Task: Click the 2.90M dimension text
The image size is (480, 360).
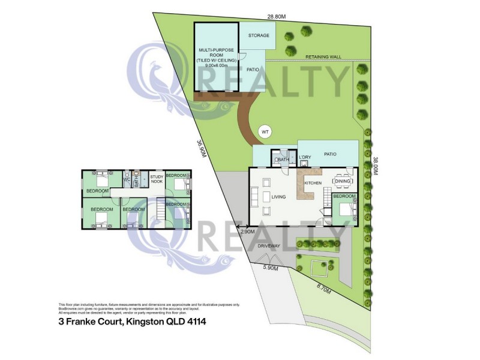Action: (x=248, y=231)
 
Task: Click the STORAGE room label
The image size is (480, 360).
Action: (x=259, y=36)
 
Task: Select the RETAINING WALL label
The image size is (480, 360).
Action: (x=323, y=56)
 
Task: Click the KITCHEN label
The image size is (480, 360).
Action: (x=313, y=183)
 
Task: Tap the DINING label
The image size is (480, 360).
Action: (x=343, y=181)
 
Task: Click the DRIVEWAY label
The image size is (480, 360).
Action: (x=268, y=247)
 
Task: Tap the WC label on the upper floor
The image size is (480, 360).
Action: (x=127, y=179)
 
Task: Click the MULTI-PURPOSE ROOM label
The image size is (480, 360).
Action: (x=217, y=53)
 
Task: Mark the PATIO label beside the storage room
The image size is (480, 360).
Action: (x=253, y=70)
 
